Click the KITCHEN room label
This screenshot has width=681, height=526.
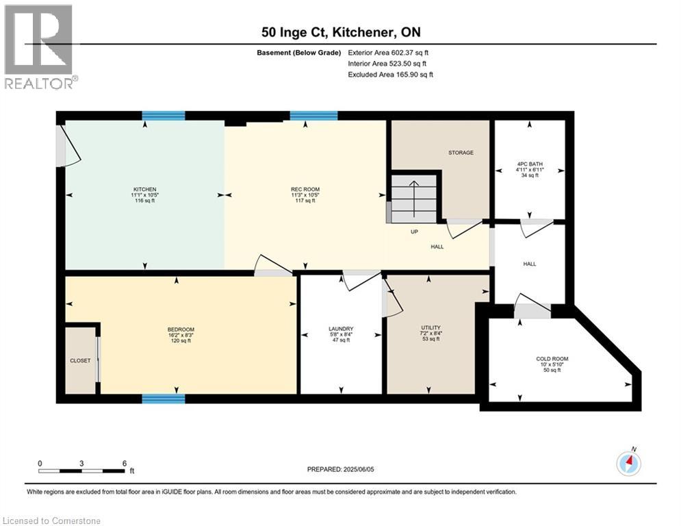click(144, 190)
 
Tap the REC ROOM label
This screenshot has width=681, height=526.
click(305, 190)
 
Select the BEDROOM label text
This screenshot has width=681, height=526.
click(181, 329)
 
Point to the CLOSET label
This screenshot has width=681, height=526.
click(80, 360)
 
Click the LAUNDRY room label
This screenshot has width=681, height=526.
click(341, 329)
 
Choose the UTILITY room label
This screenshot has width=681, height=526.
click(431, 328)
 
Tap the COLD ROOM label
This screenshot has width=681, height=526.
click(552, 359)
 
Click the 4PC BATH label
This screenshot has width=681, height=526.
click(530, 164)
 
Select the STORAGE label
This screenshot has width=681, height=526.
click(461, 153)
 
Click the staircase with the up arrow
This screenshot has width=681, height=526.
click(414, 199)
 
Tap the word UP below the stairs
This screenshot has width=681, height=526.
click(414, 231)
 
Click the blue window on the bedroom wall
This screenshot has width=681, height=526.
click(164, 399)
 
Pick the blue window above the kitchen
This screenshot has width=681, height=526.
click(164, 116)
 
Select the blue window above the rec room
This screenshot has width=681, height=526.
click(313, 116)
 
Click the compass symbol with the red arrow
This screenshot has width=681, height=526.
click(628, 463)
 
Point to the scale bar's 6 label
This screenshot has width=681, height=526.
click(124, 464)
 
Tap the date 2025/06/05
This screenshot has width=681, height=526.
click(359, 469)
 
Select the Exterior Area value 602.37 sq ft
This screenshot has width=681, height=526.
click(410, 53)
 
